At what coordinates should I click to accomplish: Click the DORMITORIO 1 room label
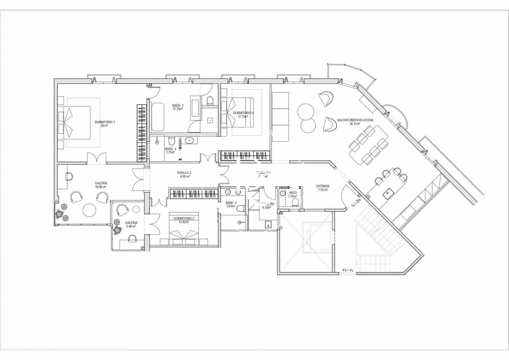pos(104,122)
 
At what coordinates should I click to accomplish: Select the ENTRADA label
pos(322,186)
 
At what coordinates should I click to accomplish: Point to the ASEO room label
pos(292,192)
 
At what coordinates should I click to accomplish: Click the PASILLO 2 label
pos(184,173)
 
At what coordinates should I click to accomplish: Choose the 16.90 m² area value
pos(101,187)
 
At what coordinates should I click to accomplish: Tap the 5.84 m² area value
pos(131,226)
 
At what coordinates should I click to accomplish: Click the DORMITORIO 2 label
pos(184,219)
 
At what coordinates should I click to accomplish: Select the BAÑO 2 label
pos(231,203)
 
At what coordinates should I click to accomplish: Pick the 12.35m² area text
pos(177,109)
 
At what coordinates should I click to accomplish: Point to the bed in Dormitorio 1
pos(77,123)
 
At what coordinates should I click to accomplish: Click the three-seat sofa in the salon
pos(280,117)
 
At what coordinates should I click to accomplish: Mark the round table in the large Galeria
pos(89,209)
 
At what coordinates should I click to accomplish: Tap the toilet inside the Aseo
pos(295,202)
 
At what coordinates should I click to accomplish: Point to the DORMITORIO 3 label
pos(243,113)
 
